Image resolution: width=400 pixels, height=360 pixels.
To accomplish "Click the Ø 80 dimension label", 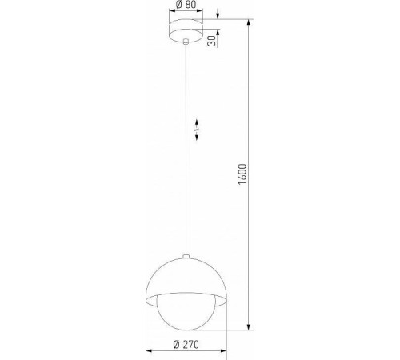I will (186, 5).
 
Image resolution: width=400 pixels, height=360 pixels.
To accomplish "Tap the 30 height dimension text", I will (212, 41).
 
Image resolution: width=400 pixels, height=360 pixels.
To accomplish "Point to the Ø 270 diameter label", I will (186, 346).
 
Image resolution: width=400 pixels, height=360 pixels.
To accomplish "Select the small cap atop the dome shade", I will (186, 256).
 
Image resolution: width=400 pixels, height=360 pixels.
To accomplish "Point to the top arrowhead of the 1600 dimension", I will (251, 19).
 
